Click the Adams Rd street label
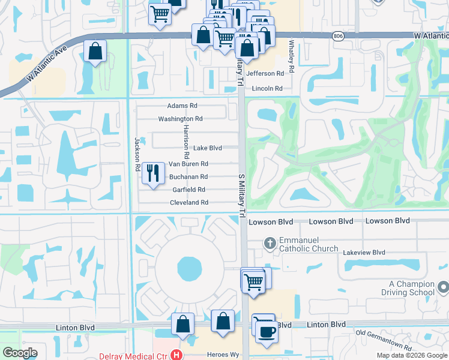coord(182,106)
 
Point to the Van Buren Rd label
coord(188,164)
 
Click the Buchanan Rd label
coord(188,177)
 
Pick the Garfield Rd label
coord(189,190)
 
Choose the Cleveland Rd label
coord(188,203)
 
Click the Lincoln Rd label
coord(267,88)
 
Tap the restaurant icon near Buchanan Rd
coord(153,173)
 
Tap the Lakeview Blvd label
coord(364,253)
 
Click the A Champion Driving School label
coord(411,288)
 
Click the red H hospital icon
coord(176,355)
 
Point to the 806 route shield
coord(339,36)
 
